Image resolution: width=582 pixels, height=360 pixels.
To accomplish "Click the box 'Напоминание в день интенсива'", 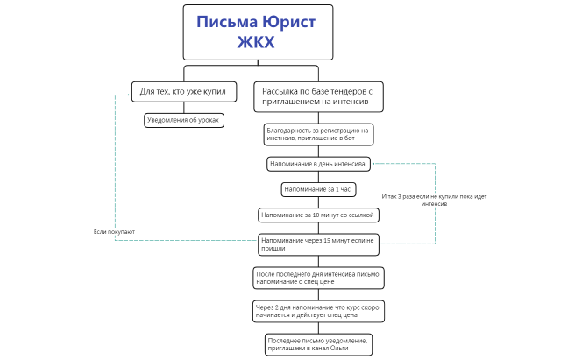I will click(319, 164).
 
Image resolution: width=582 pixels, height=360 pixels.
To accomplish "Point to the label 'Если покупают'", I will click(114, 231).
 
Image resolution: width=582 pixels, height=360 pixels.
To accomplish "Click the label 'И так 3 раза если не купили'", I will click(435, 201).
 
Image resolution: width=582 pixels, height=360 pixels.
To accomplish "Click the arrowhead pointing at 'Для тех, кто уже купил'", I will click(126, 91).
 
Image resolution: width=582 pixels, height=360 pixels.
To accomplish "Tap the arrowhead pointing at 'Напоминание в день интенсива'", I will click(374, 164).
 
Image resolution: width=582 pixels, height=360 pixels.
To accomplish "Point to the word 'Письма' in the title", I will click(224, 22).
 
